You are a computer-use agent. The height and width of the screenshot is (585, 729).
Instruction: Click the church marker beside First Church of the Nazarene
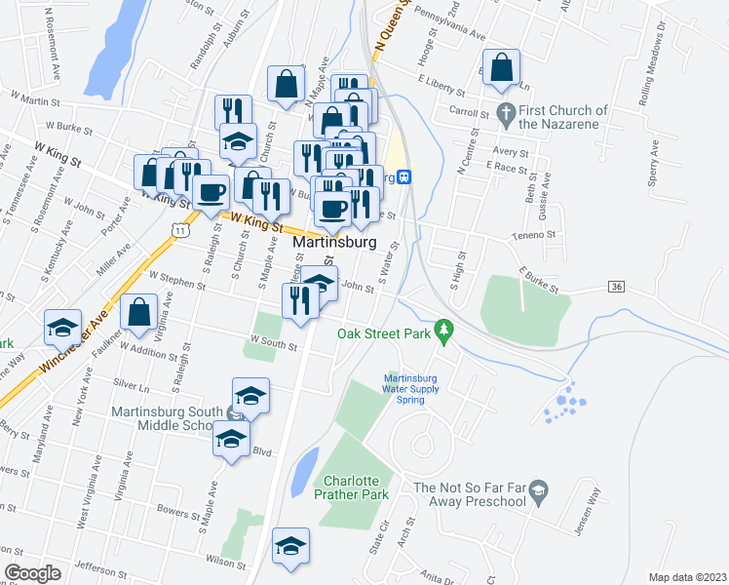click(505, 111)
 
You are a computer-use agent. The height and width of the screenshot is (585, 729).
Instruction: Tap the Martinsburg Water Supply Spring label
click(411, 389)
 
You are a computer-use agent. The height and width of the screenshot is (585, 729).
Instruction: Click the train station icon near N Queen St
click(403, 176)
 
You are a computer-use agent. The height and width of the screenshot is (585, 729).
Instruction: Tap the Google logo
click(32, 572)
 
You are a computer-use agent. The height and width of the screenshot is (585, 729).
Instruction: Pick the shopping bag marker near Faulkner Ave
click(139, 311)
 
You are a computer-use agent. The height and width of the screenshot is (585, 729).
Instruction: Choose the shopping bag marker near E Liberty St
click(501, 68)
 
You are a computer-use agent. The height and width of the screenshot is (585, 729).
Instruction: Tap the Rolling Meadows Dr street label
click(668, 49)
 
